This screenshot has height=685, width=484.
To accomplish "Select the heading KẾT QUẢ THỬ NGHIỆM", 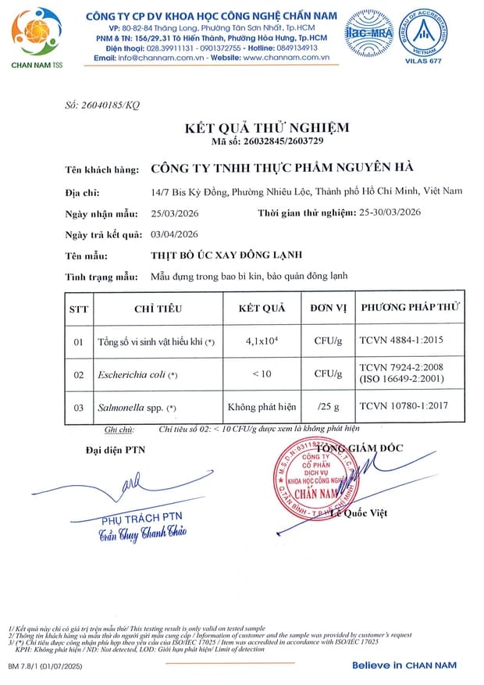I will [266, 127].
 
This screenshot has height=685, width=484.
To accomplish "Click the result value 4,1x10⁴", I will [262, 341].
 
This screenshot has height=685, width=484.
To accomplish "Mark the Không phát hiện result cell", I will [262, 407].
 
